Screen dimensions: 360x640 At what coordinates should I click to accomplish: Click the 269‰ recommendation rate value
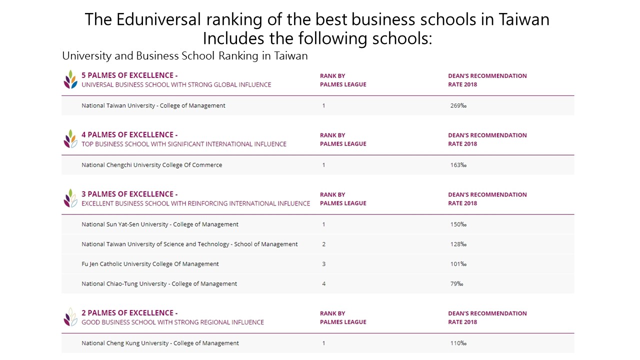click(458, 105)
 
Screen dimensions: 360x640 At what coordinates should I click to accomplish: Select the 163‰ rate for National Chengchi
click(458, 165)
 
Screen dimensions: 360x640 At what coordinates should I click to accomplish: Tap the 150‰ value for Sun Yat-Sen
click(458, 224)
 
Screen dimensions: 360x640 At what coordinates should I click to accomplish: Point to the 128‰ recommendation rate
click(458, 244)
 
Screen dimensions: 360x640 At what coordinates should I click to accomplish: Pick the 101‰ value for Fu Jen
click(458, 264)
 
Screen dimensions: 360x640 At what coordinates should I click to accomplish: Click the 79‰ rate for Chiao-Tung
click(456, 284)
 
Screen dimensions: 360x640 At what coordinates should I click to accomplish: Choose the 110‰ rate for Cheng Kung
click(458, 343)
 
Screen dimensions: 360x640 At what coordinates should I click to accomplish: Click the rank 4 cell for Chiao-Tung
click(323, 284)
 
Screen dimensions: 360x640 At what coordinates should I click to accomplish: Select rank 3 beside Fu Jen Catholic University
click(323, 264)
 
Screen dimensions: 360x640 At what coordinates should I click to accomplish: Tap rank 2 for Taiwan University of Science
click(323, 244)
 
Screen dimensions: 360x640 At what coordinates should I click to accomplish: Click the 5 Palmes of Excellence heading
click(129, 75)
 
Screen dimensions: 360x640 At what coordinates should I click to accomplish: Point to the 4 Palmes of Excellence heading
click(129, 135)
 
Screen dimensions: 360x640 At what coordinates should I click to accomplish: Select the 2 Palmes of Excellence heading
click(129, 313)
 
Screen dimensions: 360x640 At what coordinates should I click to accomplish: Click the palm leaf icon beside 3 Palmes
click(70, 198)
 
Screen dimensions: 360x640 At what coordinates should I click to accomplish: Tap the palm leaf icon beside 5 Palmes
click(70, 79)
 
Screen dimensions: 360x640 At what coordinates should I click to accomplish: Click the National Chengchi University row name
click(151, 165)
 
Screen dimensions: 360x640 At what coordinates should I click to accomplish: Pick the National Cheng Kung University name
click(160, 343)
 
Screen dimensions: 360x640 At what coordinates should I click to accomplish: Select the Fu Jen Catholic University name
click(150, 264)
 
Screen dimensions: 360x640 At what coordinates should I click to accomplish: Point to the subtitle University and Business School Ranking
click(184, 55)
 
